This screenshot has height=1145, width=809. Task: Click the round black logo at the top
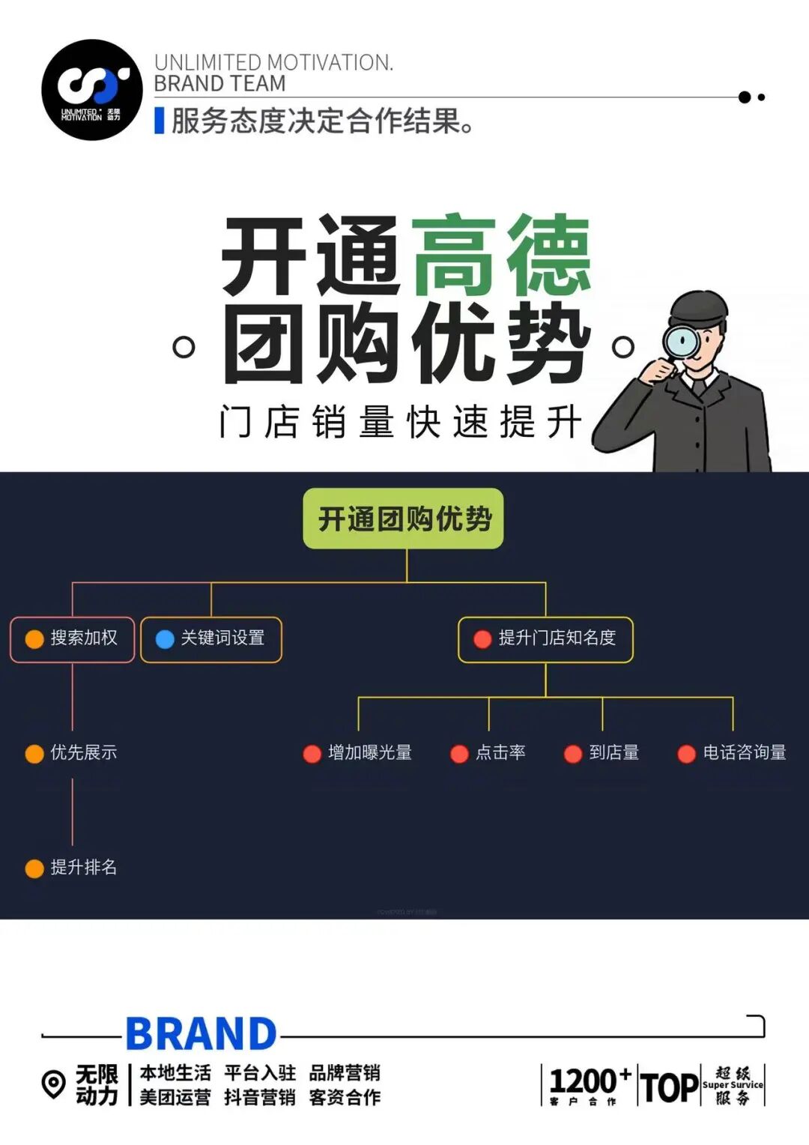coord(91,90)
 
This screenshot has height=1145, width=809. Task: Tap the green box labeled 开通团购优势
coord(403,519)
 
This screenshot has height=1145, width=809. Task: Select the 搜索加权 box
coord(72,639)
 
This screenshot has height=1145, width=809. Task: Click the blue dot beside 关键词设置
coord(165,639)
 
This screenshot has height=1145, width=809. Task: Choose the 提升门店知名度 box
coord(545,639)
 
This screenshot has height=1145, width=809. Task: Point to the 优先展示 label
coord(83,752)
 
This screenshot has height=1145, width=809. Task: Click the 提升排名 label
coord(83,867)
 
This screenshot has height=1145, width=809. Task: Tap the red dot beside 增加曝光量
coord(312,754)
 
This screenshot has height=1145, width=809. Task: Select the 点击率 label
coord(500,752)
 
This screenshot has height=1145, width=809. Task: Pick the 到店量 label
coord(613,752)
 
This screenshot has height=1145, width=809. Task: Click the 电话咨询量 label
coord(744,752)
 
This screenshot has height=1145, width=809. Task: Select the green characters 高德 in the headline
coord(500,255)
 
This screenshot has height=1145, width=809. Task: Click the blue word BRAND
coord(201,1035)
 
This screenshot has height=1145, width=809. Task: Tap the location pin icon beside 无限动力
coord(53,1084)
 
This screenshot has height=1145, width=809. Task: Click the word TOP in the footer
coord(669,1087)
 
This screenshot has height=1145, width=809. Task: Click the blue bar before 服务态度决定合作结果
coord(159,121)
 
